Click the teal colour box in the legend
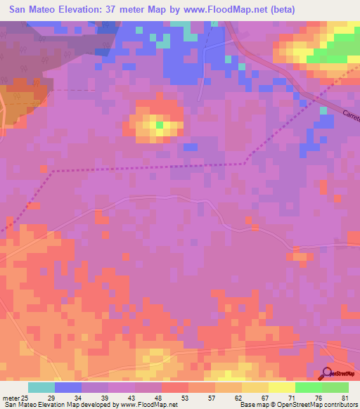click(41, 387)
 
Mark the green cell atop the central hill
click(160, 125)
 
